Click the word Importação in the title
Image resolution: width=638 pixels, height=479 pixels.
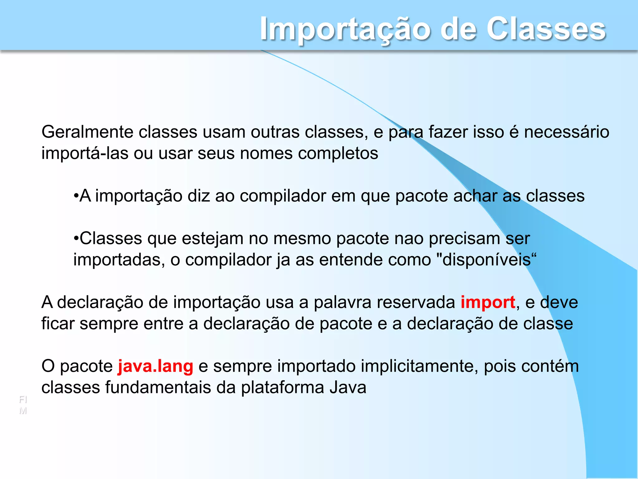(x=345, y=30)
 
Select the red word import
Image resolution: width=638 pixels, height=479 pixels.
(x=488, y=302)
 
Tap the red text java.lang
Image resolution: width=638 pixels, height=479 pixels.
(x=155, y=366)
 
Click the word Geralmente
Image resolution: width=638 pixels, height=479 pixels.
(x=87, y=132)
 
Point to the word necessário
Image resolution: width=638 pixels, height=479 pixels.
(x=566, y=132)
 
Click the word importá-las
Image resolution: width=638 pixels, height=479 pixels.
(x=85, y=153)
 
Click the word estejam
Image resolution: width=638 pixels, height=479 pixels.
(x=212, y=239)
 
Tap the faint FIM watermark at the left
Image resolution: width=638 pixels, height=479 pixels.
(x=23, y=405)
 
